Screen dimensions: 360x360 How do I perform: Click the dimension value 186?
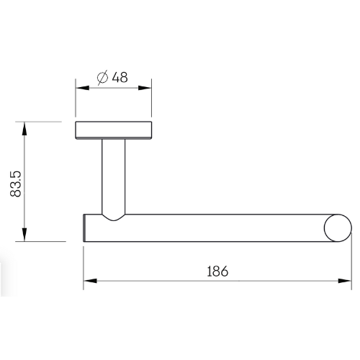point(217,271)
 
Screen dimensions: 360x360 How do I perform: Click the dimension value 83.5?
point(16,184)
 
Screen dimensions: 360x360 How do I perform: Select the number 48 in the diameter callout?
point(120,77)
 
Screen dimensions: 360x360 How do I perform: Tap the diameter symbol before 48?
point(102,78)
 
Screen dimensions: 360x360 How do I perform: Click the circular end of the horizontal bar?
point(338,228)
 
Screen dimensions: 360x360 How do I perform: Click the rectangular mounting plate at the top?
point(114,130)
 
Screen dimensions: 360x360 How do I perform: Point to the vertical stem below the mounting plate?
point(114,176)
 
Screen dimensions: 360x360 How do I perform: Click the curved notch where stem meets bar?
point(114,217)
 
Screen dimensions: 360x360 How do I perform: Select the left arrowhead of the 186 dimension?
point(90,281)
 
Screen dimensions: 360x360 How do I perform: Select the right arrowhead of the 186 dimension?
point(345,281)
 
